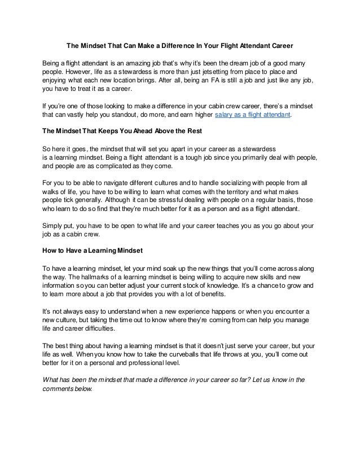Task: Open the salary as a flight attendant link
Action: tap(253, 116)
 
